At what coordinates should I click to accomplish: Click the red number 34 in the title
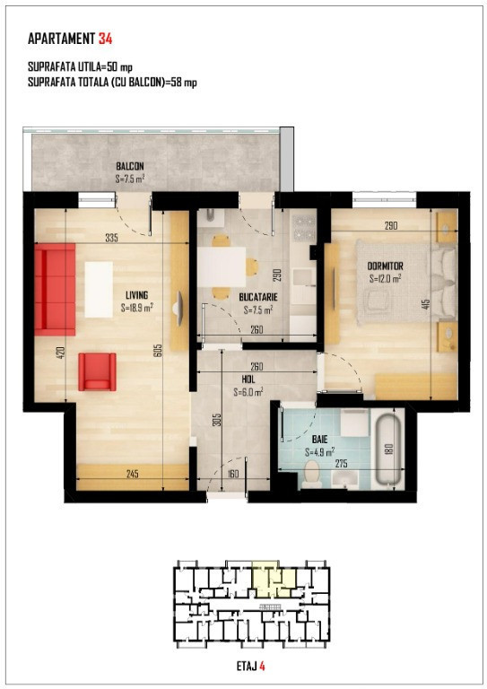click(x=106, y=39)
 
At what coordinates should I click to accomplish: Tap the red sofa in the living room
click(x=55, y=290)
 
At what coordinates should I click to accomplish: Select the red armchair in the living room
click(x=98, y=371)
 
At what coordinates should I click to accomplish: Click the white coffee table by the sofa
click(x=99, y=290)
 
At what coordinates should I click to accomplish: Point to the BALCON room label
click(x=130, y=167)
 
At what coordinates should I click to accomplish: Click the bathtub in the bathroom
click(x=389, y=448)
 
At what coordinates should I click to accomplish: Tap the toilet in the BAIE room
click(x=312, y=474)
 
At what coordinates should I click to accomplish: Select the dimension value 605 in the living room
click(x=159, y=350)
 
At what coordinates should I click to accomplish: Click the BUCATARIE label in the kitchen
click(x=258, y=298)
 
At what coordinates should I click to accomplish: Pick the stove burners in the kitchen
click(x=304, y=229)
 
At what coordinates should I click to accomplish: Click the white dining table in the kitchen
click(x=222, y=266)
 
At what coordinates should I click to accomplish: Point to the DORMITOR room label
click(x=385, y=266)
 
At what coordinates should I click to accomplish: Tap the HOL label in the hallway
click(x=248, y=379)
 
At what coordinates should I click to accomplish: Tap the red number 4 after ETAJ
click(x=262, y=667)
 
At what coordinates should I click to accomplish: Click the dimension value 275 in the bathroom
click(x=342, y=464)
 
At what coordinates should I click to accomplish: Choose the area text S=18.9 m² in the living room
click(x=136, y=309)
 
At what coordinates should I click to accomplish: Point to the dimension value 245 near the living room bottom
click(x=132, y=474)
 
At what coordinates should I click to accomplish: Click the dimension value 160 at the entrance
click(x=233, y=474)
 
